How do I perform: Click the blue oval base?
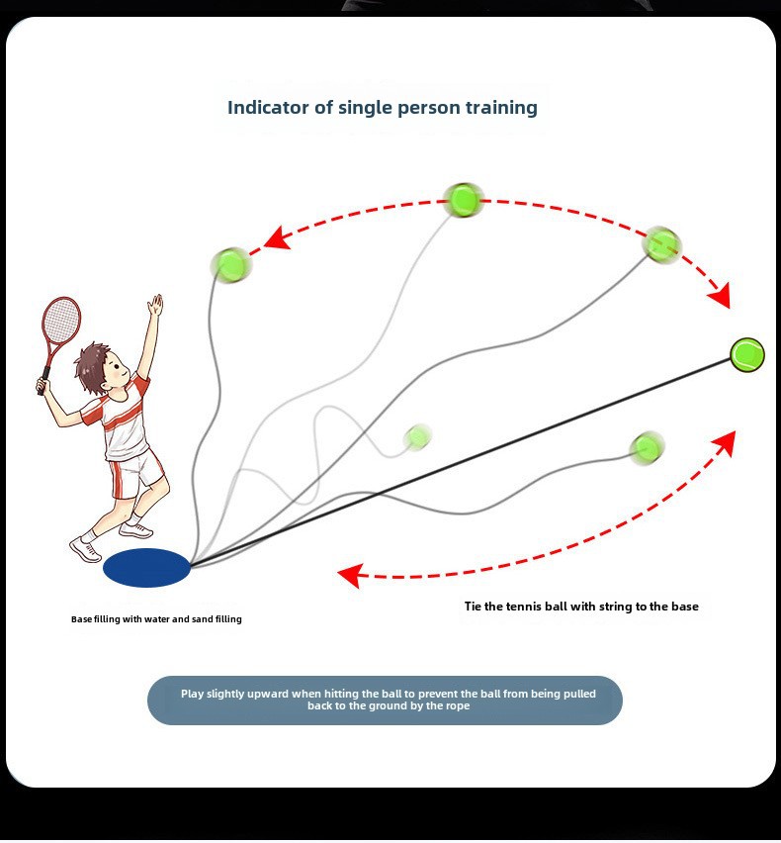(x=146, y=568)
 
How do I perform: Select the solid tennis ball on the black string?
(x=747, y=355)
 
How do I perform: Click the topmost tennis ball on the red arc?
(x=463, y=200)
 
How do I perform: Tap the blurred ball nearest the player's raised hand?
(x=231, y=264)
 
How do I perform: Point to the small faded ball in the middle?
(x=417, y=436)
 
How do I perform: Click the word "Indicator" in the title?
(x=269, y=108)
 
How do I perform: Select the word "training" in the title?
(x=501, y=108)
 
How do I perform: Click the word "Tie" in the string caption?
(x=473, y=607)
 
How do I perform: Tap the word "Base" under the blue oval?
(x=81, y=619)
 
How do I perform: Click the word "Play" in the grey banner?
(x=193, y=694)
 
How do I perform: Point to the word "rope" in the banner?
(x=457, y=705)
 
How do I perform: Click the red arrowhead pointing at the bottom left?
(x=350, y=575)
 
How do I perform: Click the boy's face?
(x=115, y=371)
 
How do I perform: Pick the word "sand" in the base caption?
(x=203, y=619)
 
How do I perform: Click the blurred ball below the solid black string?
(x=647, y=447)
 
